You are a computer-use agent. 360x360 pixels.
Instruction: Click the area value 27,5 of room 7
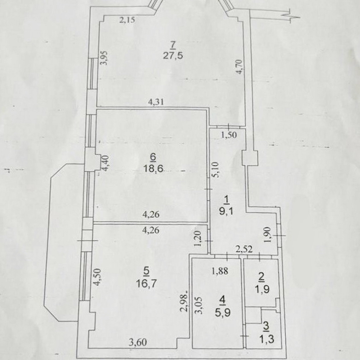pyautogui.click(x=173, y=56)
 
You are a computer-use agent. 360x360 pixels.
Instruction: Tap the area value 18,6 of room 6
pyautogui.click(x=153, y=169)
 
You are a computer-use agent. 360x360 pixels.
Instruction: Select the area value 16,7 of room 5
pyautogui.click(x=146, y=284)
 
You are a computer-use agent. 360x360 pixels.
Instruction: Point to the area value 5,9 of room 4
pyautogui.click(x=223, y=312)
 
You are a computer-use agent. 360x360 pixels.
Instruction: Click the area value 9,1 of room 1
pyautogui.click(x=226, y=211)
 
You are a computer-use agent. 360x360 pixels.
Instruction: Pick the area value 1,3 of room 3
pyautogui.click(x=267, y=339)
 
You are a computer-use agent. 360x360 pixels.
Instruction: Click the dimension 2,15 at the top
pyautogui.click(x=127, y=20)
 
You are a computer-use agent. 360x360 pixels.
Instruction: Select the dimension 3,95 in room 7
pyautogui.click(x=104, y=58)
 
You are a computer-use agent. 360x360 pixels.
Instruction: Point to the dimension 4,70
pyautogui.click(x=239, y=67)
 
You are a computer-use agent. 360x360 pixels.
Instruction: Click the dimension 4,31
pyautogui.click(x=156, y=102)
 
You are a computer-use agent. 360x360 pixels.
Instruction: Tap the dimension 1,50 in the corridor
pyautogui.click(x=229, y=135)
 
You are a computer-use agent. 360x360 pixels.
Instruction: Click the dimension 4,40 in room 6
pyautogui.click(x=106, y=163)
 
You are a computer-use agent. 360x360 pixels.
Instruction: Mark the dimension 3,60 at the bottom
pyautogui.click(x=138, y=343)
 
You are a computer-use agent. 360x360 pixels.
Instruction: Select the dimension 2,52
pyautogui.click(x=244, y=249)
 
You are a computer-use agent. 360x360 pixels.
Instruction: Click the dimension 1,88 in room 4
pyautogui.click(x=220, y=271)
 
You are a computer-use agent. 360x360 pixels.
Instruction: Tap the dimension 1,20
pyautogui.click(x=198, y=239)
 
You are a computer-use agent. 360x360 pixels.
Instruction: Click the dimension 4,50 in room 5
pyautogui.click(x=97, y=277)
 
